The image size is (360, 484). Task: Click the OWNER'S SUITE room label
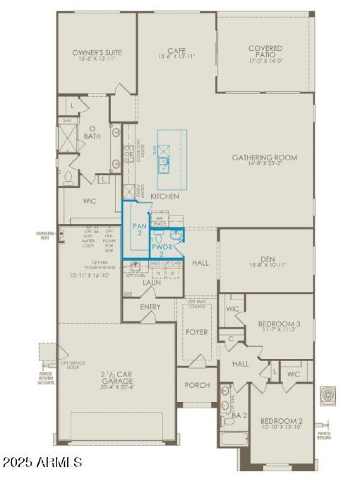pos(97,53)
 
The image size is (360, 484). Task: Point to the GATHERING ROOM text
pos(265,158)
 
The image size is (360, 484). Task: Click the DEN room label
pos(267,259)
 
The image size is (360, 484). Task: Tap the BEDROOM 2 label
pos(282,421)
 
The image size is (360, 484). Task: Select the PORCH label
pos(197,385)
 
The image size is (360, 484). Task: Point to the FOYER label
pos(197,332)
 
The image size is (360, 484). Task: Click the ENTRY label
pos(150,307)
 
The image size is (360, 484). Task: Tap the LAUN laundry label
pos(152,282)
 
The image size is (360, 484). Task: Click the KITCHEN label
pos(164,196)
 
